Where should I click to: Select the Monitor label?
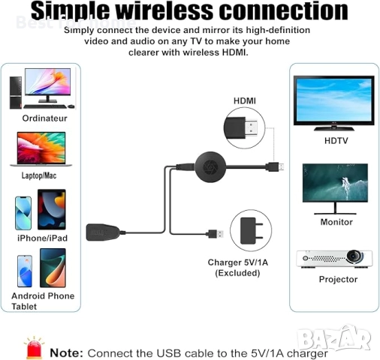[336, 222]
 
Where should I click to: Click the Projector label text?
[338, 279]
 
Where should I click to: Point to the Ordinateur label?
[44, 118]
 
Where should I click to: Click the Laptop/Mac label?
[41, 175]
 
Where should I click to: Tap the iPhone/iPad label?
[41, 238]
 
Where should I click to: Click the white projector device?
[336, 258]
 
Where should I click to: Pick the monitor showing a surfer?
[335, 187]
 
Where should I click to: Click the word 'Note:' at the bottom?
[66, 352]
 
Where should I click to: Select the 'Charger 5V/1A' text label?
[237, 262]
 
